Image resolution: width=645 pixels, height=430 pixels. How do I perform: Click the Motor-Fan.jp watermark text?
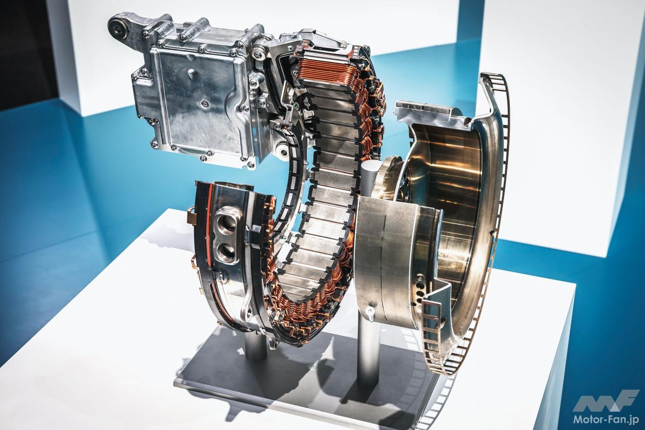point(604,419)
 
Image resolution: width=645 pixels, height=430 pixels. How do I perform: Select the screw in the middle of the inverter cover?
point(204,103)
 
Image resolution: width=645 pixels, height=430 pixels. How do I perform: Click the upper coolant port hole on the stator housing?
point(227,224)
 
